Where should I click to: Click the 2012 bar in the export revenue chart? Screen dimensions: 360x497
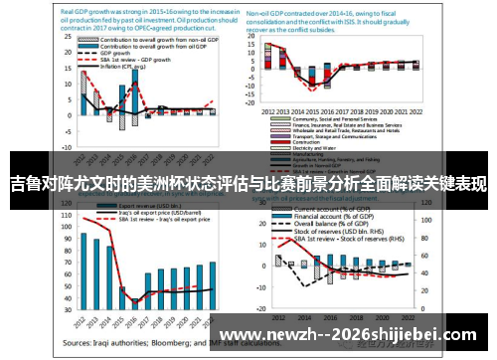tap(84, 261)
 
